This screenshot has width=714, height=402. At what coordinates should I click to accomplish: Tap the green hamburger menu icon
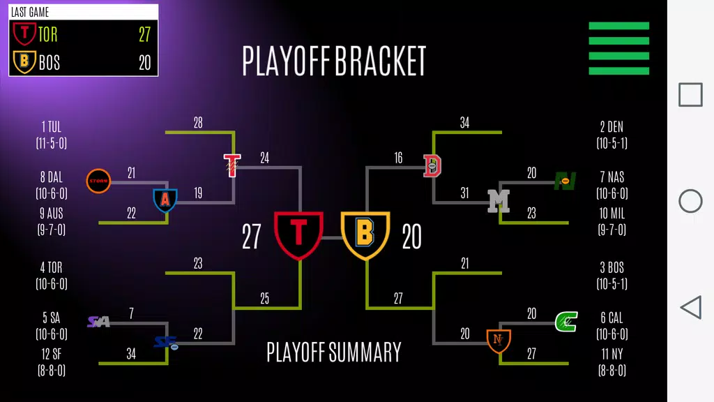click(x=618, y=48)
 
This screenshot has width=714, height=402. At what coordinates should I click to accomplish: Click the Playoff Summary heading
click(x=334, y=352)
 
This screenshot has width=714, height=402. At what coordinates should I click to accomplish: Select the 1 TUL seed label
click(x=52, y=135)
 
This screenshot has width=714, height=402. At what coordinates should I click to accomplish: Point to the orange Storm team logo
click(x=98, y=181)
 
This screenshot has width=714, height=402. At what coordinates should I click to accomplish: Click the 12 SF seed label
click(x=52, y=362)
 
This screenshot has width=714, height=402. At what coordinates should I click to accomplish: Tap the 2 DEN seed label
click(x=612, y=135)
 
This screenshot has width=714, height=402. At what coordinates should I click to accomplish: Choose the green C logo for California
click(x=565, y=322)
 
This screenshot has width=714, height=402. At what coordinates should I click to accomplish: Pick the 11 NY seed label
click(x=612, y=362)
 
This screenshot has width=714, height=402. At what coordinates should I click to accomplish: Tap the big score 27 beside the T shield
click(x=252, y=237)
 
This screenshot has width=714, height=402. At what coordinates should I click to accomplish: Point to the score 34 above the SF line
click(x=131, y=354)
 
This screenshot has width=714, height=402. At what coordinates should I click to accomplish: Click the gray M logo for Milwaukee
click(x=498, y=201)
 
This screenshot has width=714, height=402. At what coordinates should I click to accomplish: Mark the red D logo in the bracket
click(x=433, y=165)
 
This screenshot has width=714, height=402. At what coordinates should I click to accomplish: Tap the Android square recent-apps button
click(x=690, y=95)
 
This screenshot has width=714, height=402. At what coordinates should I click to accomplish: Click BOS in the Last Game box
click(x=49, y=63)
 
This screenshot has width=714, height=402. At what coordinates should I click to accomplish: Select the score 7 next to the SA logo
click(x=131, y=314)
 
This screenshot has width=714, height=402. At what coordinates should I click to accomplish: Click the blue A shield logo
click(x=165, y=200)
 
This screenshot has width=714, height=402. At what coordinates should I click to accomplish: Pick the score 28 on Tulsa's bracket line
click(x=198, y=123)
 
